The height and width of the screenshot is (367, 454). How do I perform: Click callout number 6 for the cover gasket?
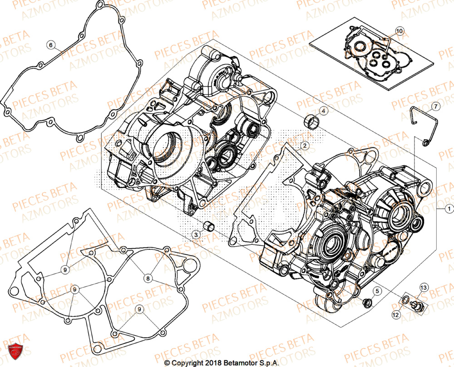51,45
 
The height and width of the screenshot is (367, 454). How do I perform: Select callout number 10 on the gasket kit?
399,31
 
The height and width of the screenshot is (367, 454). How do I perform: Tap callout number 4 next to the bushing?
323,111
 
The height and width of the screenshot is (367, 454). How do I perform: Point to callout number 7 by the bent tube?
435,106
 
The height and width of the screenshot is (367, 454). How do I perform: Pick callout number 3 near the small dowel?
196,234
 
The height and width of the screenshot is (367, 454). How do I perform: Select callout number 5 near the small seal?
377,289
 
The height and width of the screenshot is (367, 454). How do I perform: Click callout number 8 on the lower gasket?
148,277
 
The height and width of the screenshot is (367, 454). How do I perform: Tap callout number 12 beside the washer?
396,314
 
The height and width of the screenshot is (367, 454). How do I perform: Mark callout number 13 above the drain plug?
423,287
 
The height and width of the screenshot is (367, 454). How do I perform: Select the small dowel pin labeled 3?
209,226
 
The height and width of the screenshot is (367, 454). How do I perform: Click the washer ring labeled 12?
404,300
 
